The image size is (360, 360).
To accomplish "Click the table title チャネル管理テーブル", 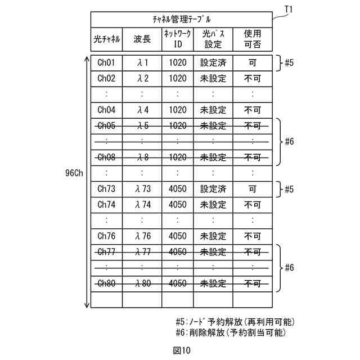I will (182, 19).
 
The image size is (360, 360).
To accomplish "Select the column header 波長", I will (142, 40).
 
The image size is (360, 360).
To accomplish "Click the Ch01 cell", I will (106, 62).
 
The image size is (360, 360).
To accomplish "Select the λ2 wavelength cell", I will (142, 78).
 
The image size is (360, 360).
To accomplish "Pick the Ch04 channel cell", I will (106, 110).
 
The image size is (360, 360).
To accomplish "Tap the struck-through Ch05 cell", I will (106, 125).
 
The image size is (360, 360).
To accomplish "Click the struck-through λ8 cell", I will (142, 157).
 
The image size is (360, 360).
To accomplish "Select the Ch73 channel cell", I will (106, 189).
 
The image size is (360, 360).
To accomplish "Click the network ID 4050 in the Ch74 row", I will (177, 205).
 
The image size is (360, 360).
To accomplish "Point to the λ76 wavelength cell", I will (142, 236).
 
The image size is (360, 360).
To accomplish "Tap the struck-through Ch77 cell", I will (106, 252).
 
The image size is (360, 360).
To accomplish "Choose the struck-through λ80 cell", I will (142, 283).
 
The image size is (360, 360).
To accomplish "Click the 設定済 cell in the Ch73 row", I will (213, 189).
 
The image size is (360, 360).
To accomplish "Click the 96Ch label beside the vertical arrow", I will (73, 173).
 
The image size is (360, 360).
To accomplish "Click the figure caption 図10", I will (182, 350).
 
